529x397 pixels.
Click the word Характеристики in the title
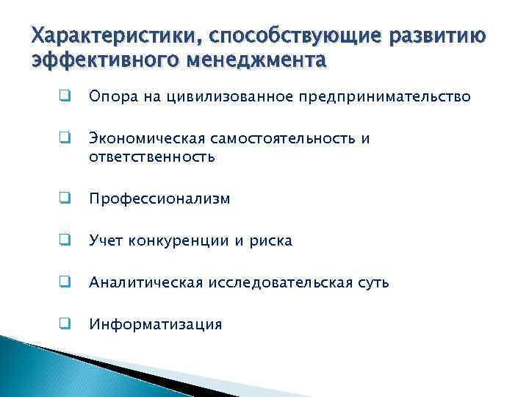109,35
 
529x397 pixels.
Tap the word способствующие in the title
287,35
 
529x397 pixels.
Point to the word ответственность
151,156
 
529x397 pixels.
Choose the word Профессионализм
159,198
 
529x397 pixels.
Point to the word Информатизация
155,324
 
